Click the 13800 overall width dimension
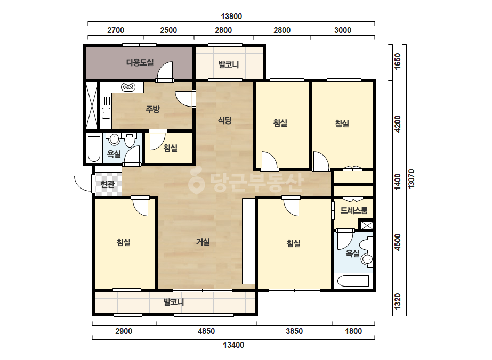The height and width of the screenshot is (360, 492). tap(231, 17)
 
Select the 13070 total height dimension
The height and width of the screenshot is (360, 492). tap(412, 179)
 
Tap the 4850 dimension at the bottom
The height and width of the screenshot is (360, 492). tap(206, 331)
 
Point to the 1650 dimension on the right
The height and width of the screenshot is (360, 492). tap(397, 61)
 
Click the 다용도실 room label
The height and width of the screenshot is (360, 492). tap(140, 62)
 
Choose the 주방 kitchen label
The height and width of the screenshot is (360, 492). tap(153, 109)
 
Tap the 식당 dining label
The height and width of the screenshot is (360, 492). tap(224, 120)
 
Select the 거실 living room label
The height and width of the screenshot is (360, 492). tap(203, 242)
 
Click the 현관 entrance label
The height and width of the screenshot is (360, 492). tap(107, 184)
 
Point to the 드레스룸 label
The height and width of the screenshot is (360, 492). tap(354, 210)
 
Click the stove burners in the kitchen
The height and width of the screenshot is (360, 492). tap(128, 87)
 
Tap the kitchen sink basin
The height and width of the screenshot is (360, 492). tap(106, 113)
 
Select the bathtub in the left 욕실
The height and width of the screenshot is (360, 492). tap(94, 149)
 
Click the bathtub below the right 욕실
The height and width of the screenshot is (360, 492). tap(353, 281)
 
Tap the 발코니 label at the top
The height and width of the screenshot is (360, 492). tap(229, 64)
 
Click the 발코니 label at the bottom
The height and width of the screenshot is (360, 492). tap(174, 302)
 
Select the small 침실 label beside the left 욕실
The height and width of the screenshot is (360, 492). tap(171, 148)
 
